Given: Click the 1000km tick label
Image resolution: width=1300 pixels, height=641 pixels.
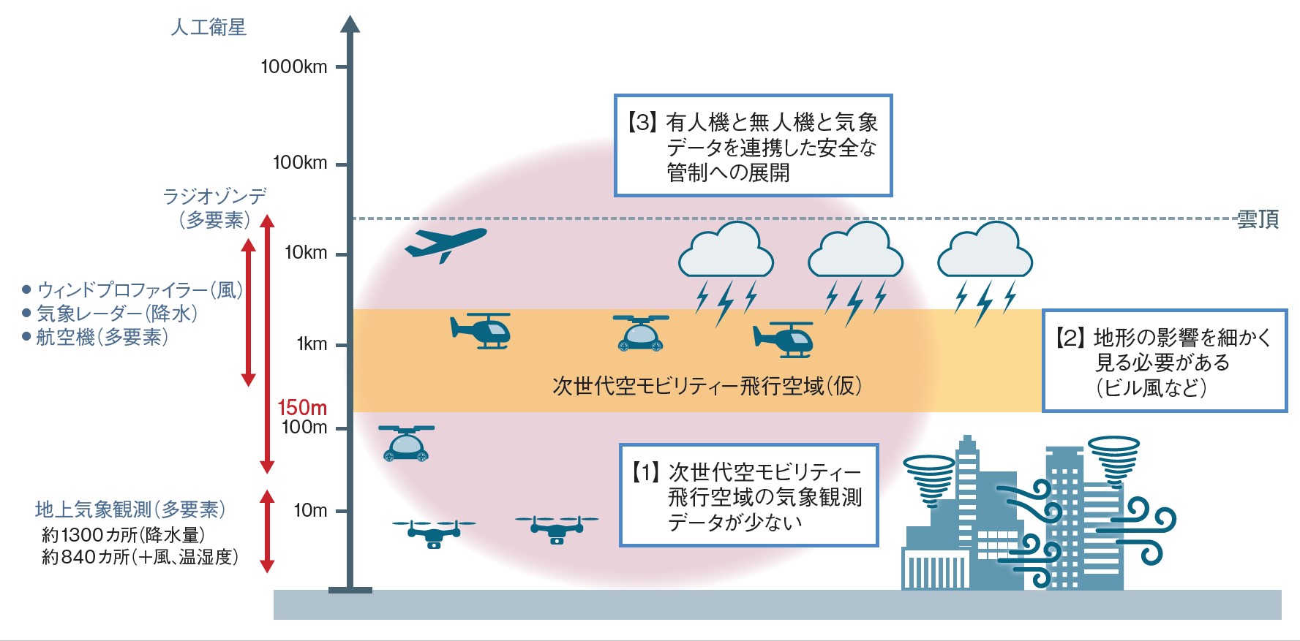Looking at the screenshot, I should point(294,67).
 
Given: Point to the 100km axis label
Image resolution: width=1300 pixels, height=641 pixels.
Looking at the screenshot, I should point(300,162).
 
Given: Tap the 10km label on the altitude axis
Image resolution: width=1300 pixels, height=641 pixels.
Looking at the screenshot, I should point(306,253).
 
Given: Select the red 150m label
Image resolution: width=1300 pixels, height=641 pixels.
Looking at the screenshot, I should point(302,407).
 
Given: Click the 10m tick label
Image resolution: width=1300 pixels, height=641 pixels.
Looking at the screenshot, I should point(310,510).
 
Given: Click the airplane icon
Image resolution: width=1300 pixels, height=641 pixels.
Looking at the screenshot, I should point(445,243).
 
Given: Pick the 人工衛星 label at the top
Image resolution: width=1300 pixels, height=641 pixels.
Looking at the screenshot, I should point(208,28).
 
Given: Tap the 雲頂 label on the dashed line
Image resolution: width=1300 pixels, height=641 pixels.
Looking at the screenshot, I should point(1258,219).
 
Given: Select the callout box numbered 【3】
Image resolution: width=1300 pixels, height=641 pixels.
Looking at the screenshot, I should point(753,145).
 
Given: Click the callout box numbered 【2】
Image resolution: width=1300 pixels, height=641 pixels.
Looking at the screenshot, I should point(1164,361).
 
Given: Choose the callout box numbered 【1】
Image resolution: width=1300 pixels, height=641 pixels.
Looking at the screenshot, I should point(748,496).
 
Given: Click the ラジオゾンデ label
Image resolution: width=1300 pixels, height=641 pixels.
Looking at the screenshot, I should point(214,196).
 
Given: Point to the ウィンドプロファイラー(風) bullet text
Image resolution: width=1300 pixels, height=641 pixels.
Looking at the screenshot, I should point(139,290).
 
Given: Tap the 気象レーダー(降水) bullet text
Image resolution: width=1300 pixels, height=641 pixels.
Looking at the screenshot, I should point(117,314).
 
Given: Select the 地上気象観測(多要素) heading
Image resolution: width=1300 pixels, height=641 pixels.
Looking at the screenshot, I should point(130,509).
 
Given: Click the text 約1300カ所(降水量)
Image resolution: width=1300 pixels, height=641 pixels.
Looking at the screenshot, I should point(123,535).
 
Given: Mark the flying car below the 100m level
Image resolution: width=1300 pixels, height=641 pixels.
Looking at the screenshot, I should point(406,443).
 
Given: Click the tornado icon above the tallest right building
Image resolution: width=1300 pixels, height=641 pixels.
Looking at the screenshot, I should point(1113,460).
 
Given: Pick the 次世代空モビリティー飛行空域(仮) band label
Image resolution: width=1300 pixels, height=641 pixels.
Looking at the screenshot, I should point(707,386).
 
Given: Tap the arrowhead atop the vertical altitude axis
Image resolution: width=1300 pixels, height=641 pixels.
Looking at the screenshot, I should point(350,24).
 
